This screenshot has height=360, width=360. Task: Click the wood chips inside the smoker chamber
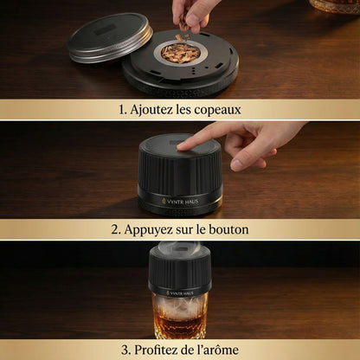tap(180, 53)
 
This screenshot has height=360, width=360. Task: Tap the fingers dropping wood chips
tap(192, 13)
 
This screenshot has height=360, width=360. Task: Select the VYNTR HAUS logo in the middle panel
tap(179, 201)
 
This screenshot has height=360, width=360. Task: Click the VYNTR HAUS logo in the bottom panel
tap(180, 292)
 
